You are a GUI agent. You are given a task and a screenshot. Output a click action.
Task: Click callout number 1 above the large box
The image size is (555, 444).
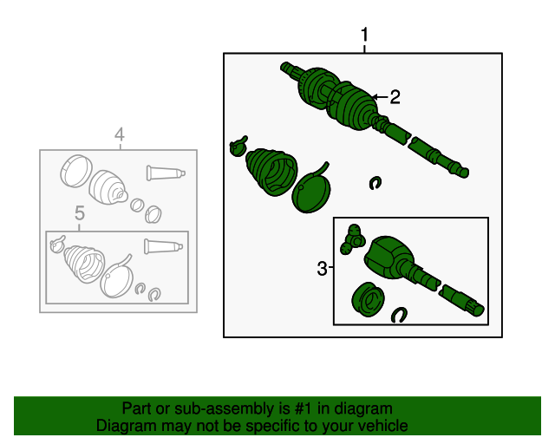(364, 35)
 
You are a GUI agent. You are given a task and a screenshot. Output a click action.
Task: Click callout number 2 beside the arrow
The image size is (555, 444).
(395, 97)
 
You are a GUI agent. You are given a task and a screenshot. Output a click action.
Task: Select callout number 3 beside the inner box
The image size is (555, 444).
(322, 269)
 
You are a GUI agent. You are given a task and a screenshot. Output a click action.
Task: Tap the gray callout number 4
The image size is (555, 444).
(120, 135)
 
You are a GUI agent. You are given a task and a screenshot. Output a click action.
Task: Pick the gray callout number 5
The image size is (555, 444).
(80, 213)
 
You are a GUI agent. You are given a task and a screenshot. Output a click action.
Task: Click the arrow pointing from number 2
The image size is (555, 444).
(380, 96)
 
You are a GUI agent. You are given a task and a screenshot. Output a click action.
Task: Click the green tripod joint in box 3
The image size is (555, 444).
(353, 239)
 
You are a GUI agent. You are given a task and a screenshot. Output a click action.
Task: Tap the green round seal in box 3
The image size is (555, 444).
(368, 299)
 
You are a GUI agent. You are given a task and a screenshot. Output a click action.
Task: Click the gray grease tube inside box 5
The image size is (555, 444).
(163, 246)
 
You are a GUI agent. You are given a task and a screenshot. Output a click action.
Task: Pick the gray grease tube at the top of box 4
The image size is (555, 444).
(166, 173)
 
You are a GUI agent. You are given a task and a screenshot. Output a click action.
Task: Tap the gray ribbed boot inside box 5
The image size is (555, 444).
(84, 264)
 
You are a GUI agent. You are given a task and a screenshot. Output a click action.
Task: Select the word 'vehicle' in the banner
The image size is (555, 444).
(385, 426)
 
